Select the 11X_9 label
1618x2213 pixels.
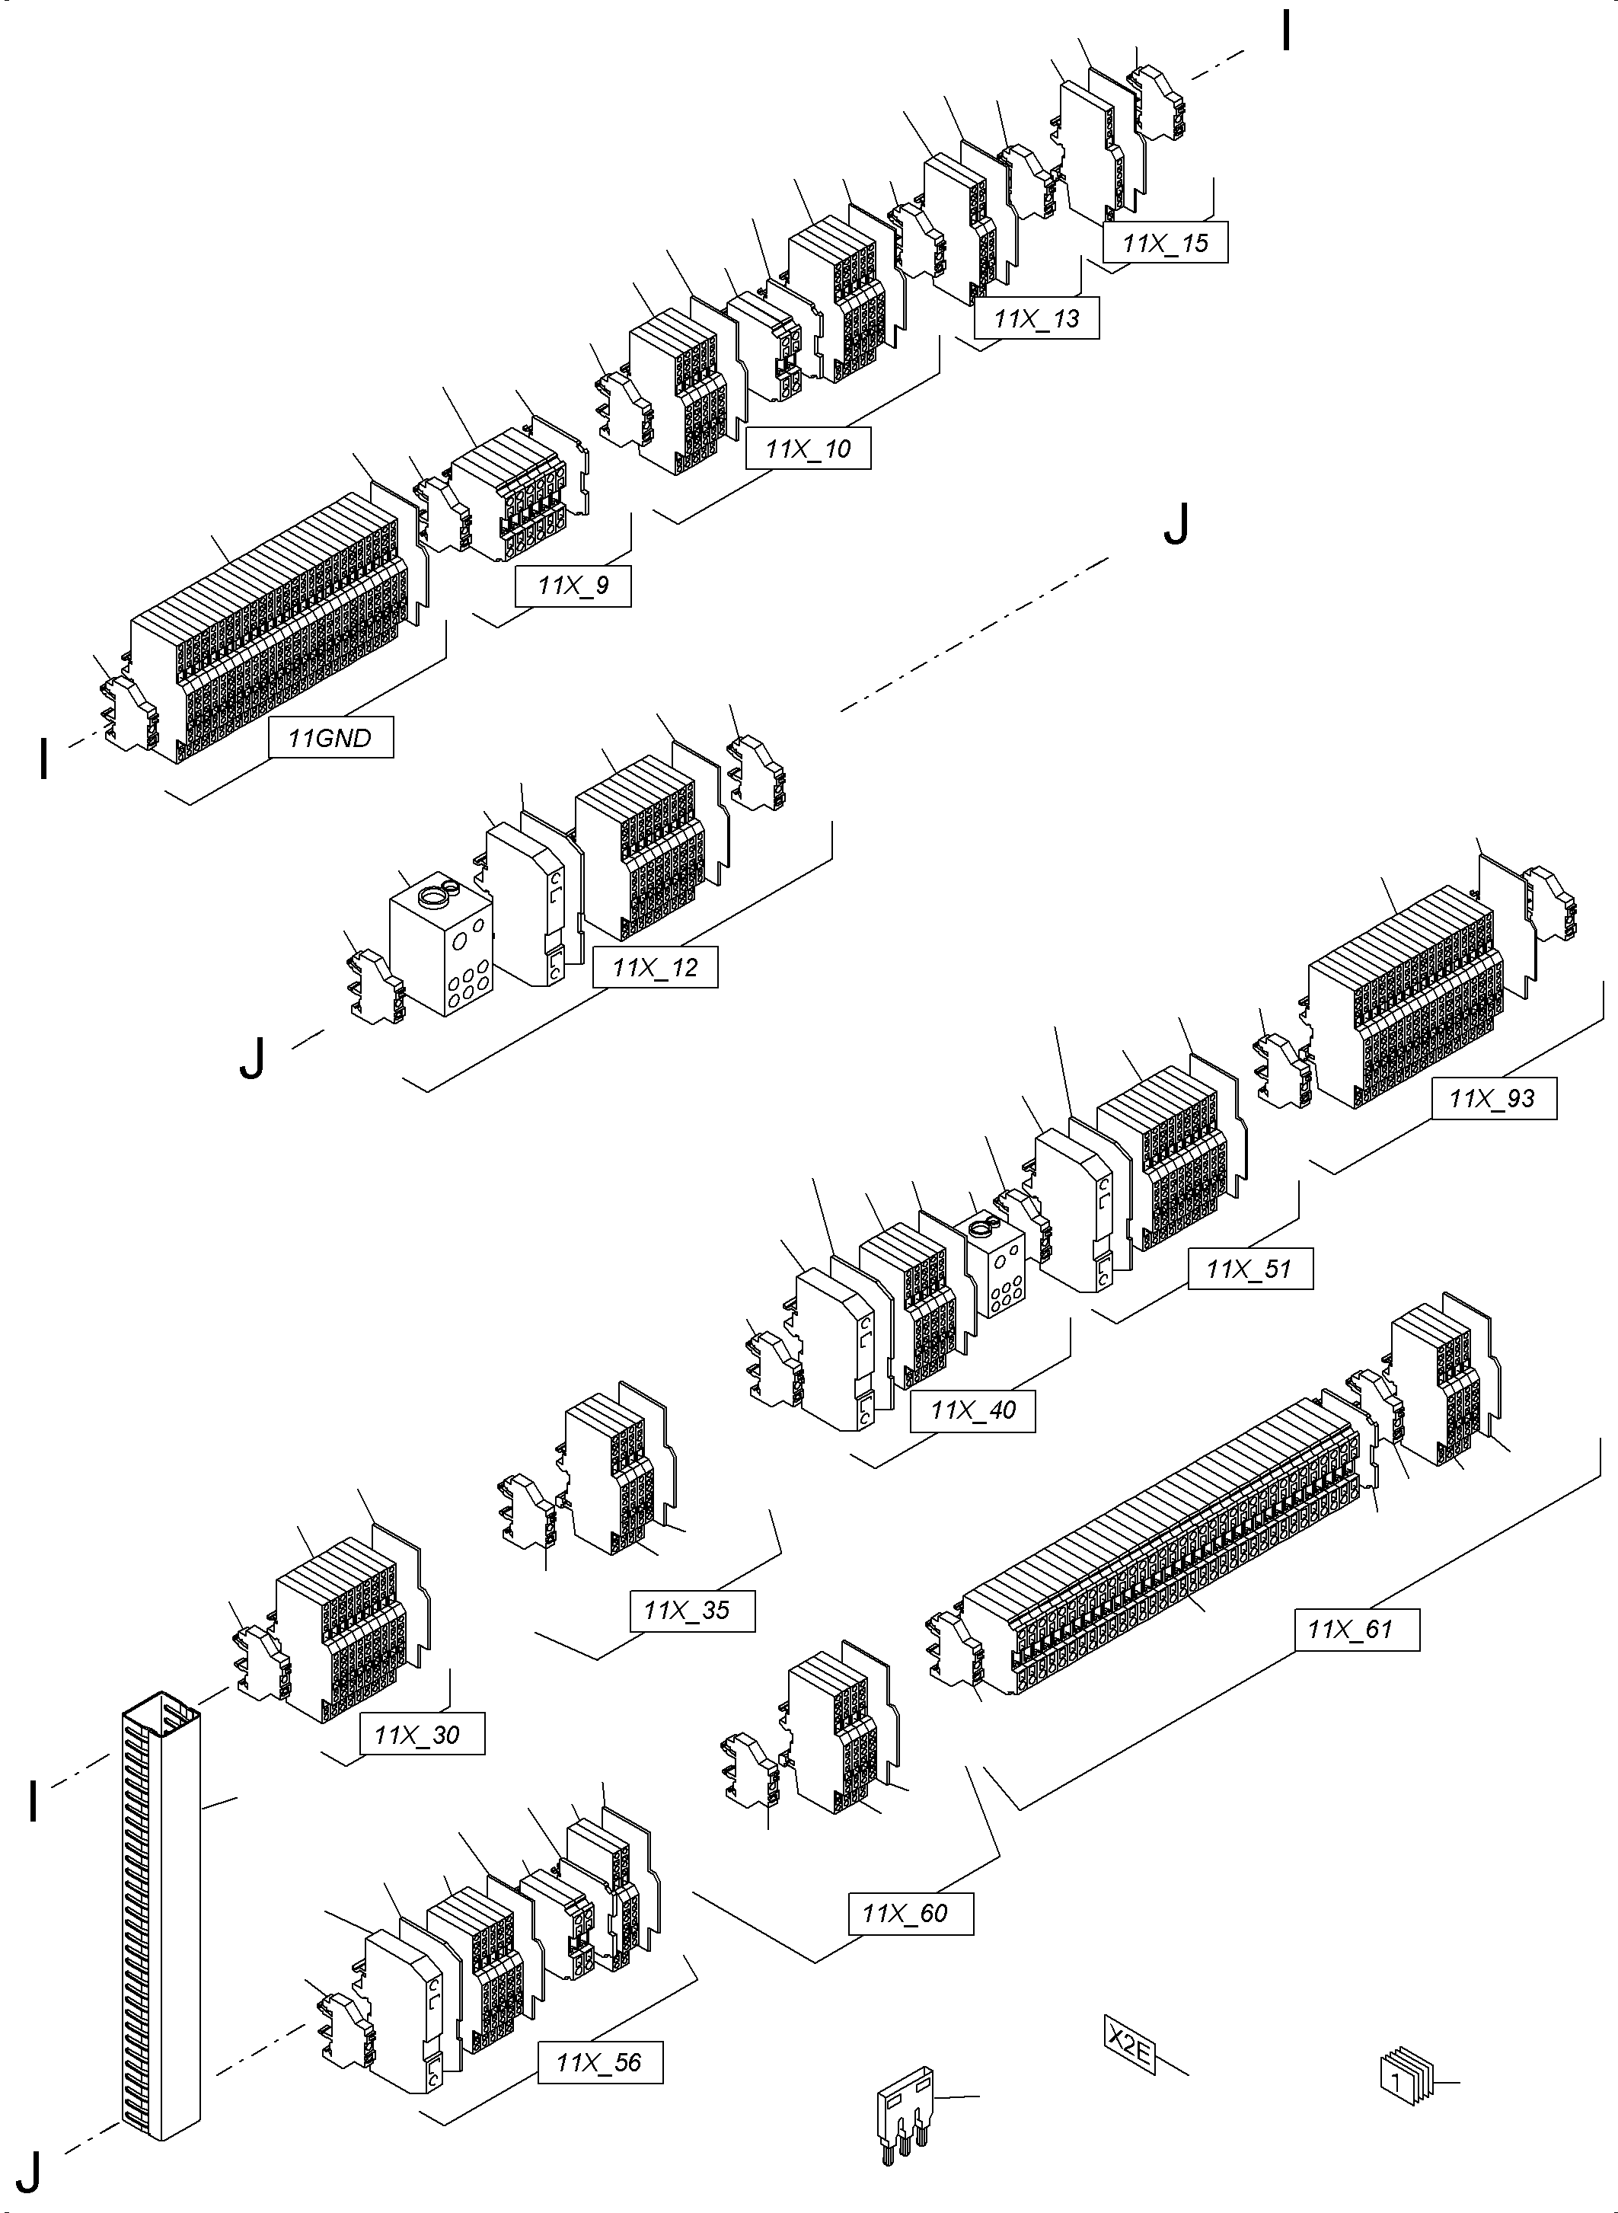pyautogui.click(x=573, y=586)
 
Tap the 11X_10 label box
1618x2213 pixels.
pyautogui.click(x=808, y=449)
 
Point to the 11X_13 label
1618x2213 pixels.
pyautogui.click(x=1036, y=318)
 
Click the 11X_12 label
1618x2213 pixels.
pyautogui.click(x=656, y=967)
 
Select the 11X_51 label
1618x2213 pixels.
pyautogui.click(x=1249, y=1269)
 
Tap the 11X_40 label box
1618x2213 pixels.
pyautogui.click(x=972, y=1410)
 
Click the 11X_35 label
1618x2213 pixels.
pyautogui.click(x=692, y=1610)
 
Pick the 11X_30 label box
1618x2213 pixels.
pyautogui.click(x=422, y=1735)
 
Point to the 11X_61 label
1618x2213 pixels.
pyautogui.click(x=1357, y=1629)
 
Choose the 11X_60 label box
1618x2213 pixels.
pyautogui.click(x=911, y=1913)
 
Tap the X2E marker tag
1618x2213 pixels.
pyautogui.click(x=1128, y=2045)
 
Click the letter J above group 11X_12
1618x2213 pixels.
pyautogui.click(x=1176, y=525)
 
